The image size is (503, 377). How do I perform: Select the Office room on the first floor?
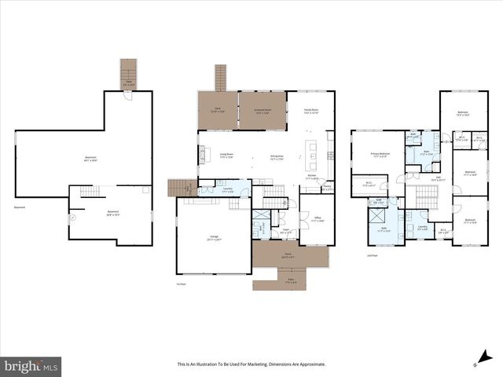click(318, 221)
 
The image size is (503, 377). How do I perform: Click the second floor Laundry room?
click(423, 228)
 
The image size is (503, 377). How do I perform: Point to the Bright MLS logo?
click(31, 365)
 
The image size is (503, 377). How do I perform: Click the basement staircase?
click(92, 192)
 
